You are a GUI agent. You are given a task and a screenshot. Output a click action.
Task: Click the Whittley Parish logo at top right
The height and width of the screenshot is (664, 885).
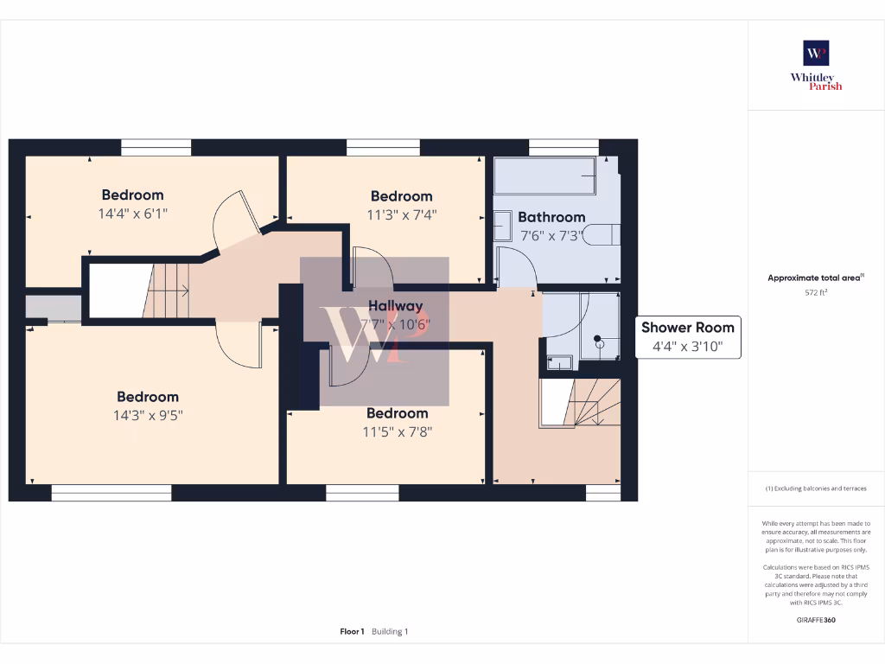[816, 64]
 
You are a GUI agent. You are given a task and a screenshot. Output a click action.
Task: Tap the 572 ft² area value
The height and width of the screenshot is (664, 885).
[816, 292]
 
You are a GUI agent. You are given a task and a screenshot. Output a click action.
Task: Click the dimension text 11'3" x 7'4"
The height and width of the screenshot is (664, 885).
[401, 214]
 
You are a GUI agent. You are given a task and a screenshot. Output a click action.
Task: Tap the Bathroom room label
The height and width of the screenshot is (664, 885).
[551, 217]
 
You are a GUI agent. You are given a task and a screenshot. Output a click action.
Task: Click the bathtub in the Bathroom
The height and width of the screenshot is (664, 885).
[544, 177]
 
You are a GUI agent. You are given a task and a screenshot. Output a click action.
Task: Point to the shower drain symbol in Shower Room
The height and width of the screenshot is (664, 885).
[596, 339]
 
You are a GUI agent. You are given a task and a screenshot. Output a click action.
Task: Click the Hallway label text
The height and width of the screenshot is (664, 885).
[396, 305]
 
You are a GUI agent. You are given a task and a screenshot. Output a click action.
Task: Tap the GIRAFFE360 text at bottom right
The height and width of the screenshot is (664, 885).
[816, 619]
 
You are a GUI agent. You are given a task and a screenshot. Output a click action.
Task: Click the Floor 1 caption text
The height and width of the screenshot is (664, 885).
[352, 631]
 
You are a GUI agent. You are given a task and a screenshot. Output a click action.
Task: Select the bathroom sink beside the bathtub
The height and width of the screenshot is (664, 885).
[502, 227]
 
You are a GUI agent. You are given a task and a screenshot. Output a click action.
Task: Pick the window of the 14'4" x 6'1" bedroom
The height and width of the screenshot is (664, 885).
[156, 148]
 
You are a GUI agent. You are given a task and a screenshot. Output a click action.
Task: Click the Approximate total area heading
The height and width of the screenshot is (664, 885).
[816, 278]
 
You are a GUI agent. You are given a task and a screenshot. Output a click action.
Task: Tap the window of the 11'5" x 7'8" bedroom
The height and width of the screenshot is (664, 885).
[362, 493]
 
